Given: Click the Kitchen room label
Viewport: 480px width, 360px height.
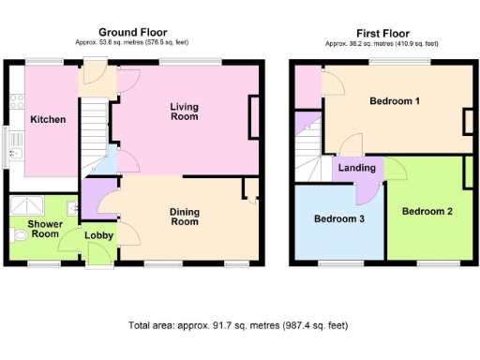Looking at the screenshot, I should click(x=47, y=120).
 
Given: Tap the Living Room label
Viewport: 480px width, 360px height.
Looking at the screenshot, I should click(x=184, y=112).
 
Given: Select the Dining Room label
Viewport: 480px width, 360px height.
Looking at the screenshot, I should click(x=184, y=217).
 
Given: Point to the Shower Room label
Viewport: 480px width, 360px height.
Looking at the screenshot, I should click(x=44, y=230).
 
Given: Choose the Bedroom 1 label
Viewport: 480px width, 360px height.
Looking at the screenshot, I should click(x=394, y=101).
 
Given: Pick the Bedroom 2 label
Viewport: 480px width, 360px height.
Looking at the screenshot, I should click(x=427, y=211).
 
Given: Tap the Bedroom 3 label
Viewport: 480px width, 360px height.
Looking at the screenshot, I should click(x=338, y=218).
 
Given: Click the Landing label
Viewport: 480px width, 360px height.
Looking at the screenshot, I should click(x=357, y=168).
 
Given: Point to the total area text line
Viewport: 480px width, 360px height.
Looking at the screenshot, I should click(x=238, y=326).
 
